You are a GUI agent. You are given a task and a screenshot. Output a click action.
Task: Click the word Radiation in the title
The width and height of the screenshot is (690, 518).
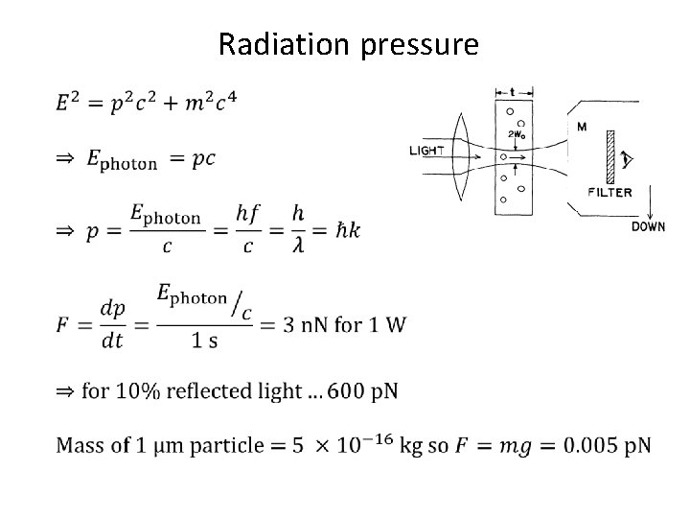[x=279, y=44]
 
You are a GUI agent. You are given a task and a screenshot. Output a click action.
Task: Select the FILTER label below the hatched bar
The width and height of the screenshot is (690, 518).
[x=609, y=192]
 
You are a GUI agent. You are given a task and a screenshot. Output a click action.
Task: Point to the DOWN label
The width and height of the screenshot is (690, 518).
[x=648, y=226]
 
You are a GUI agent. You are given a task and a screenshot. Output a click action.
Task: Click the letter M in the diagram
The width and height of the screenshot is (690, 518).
[x=583, y=127]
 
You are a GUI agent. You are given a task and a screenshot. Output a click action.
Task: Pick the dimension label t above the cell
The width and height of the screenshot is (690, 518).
[x=512, y=93]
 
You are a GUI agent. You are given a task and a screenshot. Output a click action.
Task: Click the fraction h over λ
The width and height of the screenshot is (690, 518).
[x=301, y=230]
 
